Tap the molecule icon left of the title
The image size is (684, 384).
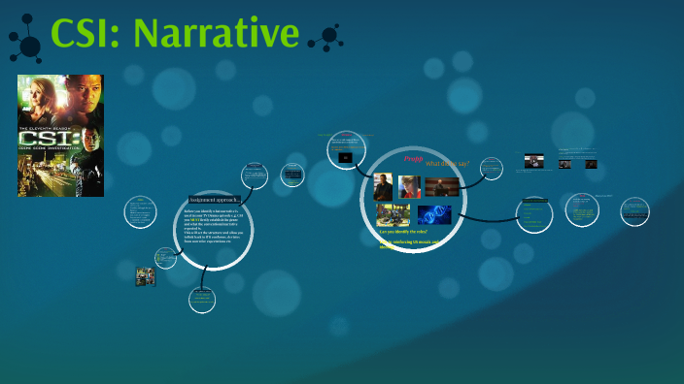[x=26, y=38]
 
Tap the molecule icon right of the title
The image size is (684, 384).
[x=326, y=38]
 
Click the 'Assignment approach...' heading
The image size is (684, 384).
[x=214, y=200]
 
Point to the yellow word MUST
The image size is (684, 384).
[x=198, y=220]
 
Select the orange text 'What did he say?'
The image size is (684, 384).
[x=447, y=164]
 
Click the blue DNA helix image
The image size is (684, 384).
[x=434, y=214]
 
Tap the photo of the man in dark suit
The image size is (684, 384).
[x=383, y=187]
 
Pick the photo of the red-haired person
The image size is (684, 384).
[x=409, y=187]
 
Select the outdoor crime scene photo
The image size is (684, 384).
[x=393, y=214]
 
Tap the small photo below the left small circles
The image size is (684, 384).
[x=145, y=277]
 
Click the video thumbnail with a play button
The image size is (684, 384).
[x=533, y=161]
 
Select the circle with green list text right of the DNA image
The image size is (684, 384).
[x=533, y=212]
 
